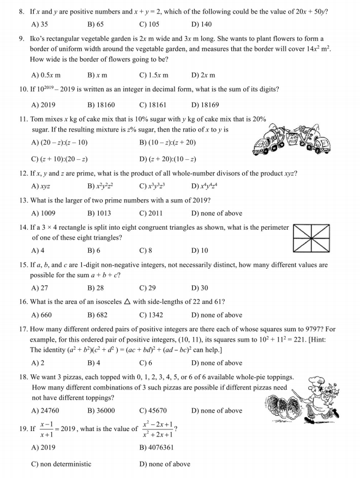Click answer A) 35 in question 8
pyautogui.click(x=40, y=24)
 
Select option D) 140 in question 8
pyautogui.click(x=201, y=24)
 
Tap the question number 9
pyautogui.click(x=21, y=39)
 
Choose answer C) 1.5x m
pyautogui.click(x=154, y=75)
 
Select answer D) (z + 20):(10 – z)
pyautogui.click(x=167, y=159)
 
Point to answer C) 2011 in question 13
pyautogui.click(x=151, y=213)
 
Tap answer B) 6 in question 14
pyautogui.click(x=93, y=250)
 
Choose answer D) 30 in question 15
pyautogui.click(x=200, y=288)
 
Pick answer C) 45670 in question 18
pyautogui.click(x=153, y=410)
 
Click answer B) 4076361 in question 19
pyautogui.click(x=157, y=447)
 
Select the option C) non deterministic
pyautogui.click(x=61, y=464)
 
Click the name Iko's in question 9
pyautogui.click(x=40, y=39)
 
